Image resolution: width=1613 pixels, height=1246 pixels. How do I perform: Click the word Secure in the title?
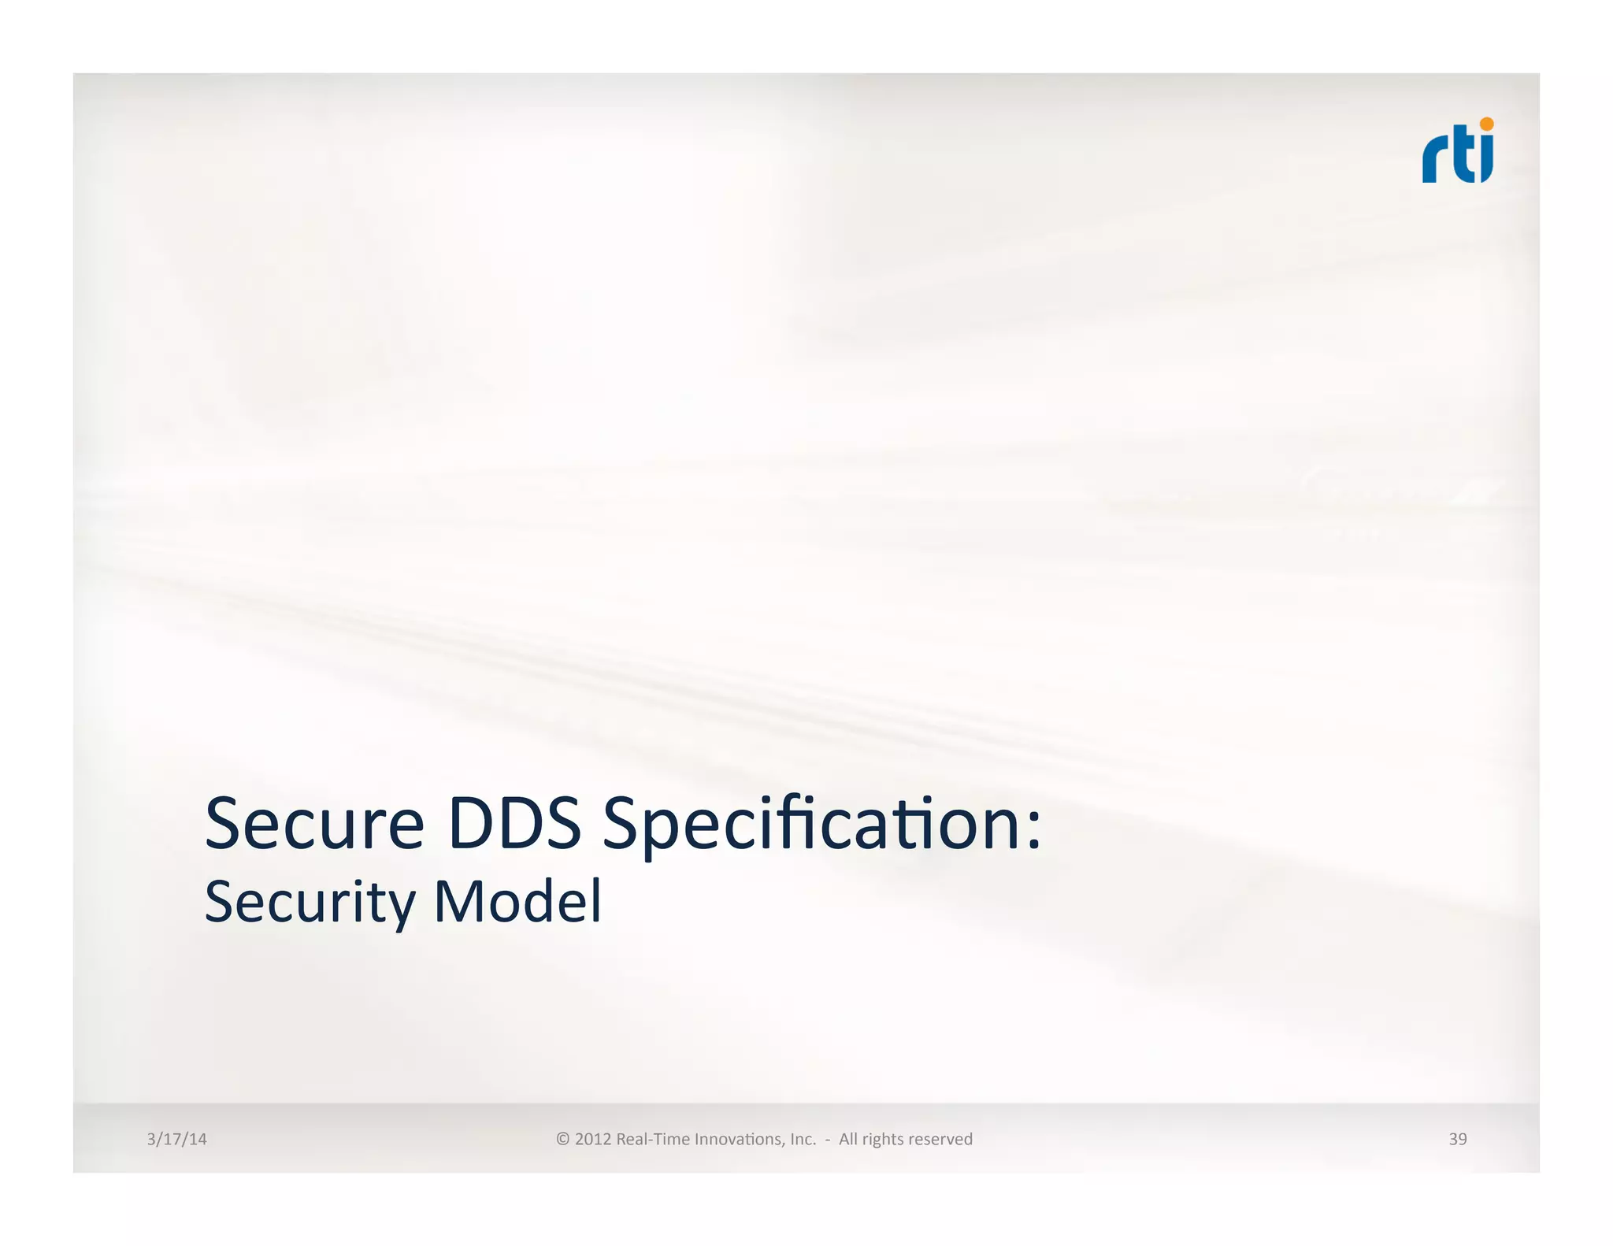click(x=314, y=824)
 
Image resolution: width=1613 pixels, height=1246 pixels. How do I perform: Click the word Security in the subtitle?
click(x=310, y=903)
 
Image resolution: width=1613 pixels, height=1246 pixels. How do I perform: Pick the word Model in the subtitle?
click(x=517, y=901)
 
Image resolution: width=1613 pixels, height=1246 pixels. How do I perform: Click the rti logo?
click(x=1457, y=151)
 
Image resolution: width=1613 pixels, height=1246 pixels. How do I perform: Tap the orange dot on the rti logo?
click(x=1486, y=124)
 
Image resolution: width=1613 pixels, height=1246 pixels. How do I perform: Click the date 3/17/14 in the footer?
click(x=176, y=1139)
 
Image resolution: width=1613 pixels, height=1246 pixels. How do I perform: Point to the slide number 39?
click(x=1457, y=1139)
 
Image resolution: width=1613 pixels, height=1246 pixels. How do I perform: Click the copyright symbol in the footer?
click(x=562, y=1139)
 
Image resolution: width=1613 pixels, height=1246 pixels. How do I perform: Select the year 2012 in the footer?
click(x=593, y=1139)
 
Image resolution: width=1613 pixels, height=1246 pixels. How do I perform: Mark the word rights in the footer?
click(x=883, y=1140)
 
